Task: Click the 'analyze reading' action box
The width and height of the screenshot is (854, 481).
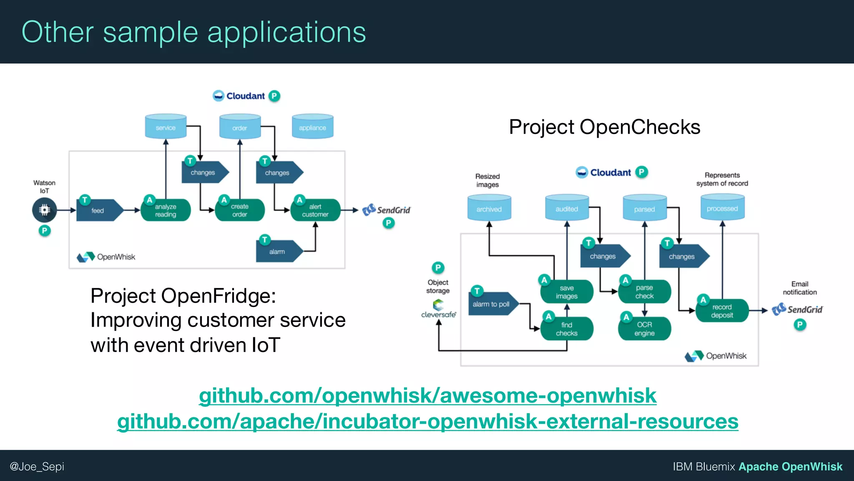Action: [x=166, y=210]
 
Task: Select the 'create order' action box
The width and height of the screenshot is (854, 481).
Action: [x=240, y=210]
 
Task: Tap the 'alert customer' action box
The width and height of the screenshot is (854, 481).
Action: [x=315, y=210]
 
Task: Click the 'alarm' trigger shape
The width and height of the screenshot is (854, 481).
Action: [x=277, y=252]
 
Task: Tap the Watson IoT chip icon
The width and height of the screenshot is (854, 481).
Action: [x=44, y=210]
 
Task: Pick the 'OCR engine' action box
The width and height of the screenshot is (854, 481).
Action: [x=644, y=329]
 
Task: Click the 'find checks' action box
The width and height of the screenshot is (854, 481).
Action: [x=566, y=329]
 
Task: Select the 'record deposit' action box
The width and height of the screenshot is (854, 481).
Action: [x=722, y=311]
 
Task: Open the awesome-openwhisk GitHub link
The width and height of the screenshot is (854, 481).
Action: [x=427, y=395]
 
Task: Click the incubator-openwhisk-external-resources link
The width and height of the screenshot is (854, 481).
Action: [x=427, y=421]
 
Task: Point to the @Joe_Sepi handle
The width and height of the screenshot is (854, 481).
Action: [x=37, y=466]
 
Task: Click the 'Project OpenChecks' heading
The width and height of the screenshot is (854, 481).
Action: [x=604, y=127]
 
